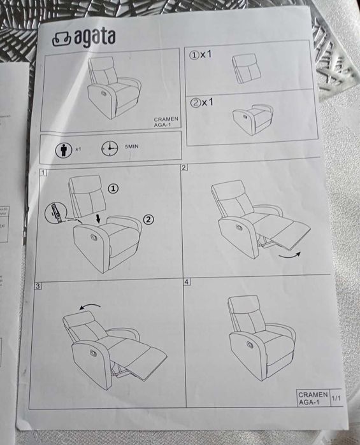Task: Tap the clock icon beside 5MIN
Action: (x=109, y=148)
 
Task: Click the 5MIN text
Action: (x=131, y=146)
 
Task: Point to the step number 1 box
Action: (x=43, y=173)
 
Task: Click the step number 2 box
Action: (x=184, y=167)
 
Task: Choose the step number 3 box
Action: (x=38, y=286)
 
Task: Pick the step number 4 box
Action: (x=187, y=281)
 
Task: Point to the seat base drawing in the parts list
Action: (x=254, y=118)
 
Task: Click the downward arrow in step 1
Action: (x=96, y=219)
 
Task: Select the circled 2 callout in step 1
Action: (x=148, y=220)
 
